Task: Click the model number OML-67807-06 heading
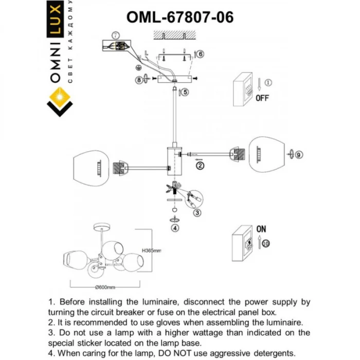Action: point(180,16)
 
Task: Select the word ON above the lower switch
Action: point(261,229)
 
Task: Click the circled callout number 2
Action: point(200,165)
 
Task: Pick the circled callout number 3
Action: point(196,211)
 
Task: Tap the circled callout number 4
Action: point(175,228)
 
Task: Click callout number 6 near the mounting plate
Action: point(201,54)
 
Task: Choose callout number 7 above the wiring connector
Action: point(116,35)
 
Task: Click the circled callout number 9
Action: point(300,153)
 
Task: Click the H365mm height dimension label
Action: point(151,250)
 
